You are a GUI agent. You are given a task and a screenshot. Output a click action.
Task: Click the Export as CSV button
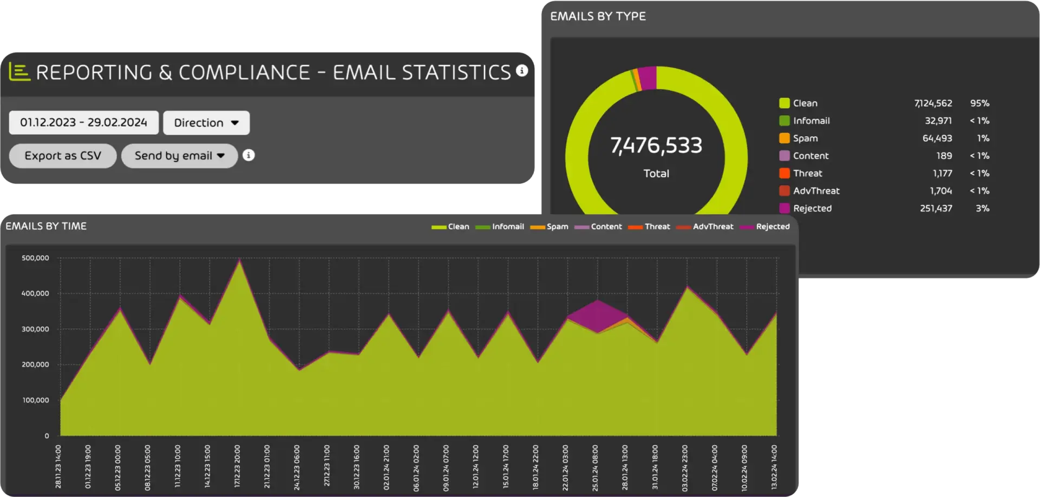63,156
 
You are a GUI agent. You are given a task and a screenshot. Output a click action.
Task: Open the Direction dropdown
206,123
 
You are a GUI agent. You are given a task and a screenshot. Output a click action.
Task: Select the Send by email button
179,156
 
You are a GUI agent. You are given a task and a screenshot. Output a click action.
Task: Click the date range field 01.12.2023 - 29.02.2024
83,123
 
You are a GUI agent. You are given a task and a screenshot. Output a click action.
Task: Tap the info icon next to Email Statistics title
522,70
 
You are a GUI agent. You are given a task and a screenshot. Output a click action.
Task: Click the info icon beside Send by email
248,155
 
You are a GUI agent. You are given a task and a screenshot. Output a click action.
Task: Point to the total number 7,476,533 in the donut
656,145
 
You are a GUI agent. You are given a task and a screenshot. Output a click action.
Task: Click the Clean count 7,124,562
933,103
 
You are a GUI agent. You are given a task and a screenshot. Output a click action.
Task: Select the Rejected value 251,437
936,208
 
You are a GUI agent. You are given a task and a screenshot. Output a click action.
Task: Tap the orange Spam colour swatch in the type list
784,138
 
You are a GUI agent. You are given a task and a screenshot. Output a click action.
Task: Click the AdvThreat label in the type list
816,191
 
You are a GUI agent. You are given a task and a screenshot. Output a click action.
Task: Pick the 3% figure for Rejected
982,208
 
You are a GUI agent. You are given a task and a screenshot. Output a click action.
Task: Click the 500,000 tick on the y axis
35,258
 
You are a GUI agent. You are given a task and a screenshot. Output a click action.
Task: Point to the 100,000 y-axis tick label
35,400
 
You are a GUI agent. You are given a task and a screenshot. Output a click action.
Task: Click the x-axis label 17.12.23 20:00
237,466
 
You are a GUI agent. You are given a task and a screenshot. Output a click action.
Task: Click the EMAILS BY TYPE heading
598,16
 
